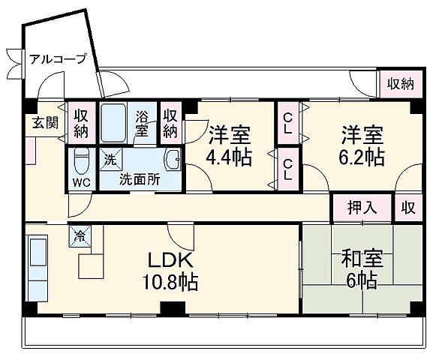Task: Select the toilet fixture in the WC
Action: coord(82,161)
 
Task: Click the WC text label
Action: coord(81,181)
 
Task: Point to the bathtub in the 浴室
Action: coord(114,123)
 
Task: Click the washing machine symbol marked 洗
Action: coord(110,159)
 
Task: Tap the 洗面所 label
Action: coord(140,180)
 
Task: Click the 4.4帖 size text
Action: coord(228,158)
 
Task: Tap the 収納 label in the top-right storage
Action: coord(400,85)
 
